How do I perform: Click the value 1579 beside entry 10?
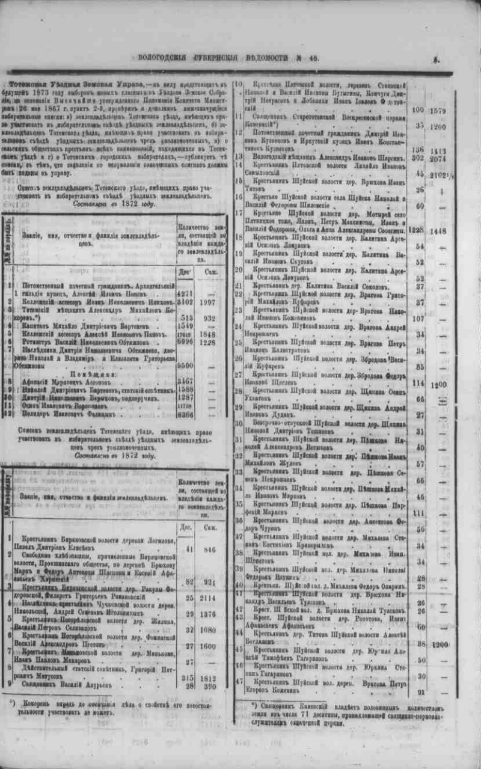point(456,111)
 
